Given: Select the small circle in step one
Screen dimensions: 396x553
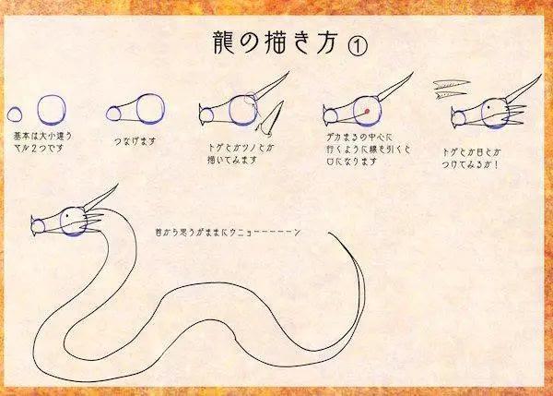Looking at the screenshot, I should pos(16,114).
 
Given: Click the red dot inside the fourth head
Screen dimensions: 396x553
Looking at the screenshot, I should pos(366,112).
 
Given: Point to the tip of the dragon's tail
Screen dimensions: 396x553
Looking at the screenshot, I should pos(330,233).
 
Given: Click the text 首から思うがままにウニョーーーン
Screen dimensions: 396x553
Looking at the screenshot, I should pos(230,232).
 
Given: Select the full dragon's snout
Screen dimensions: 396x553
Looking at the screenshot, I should pos(37,224).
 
